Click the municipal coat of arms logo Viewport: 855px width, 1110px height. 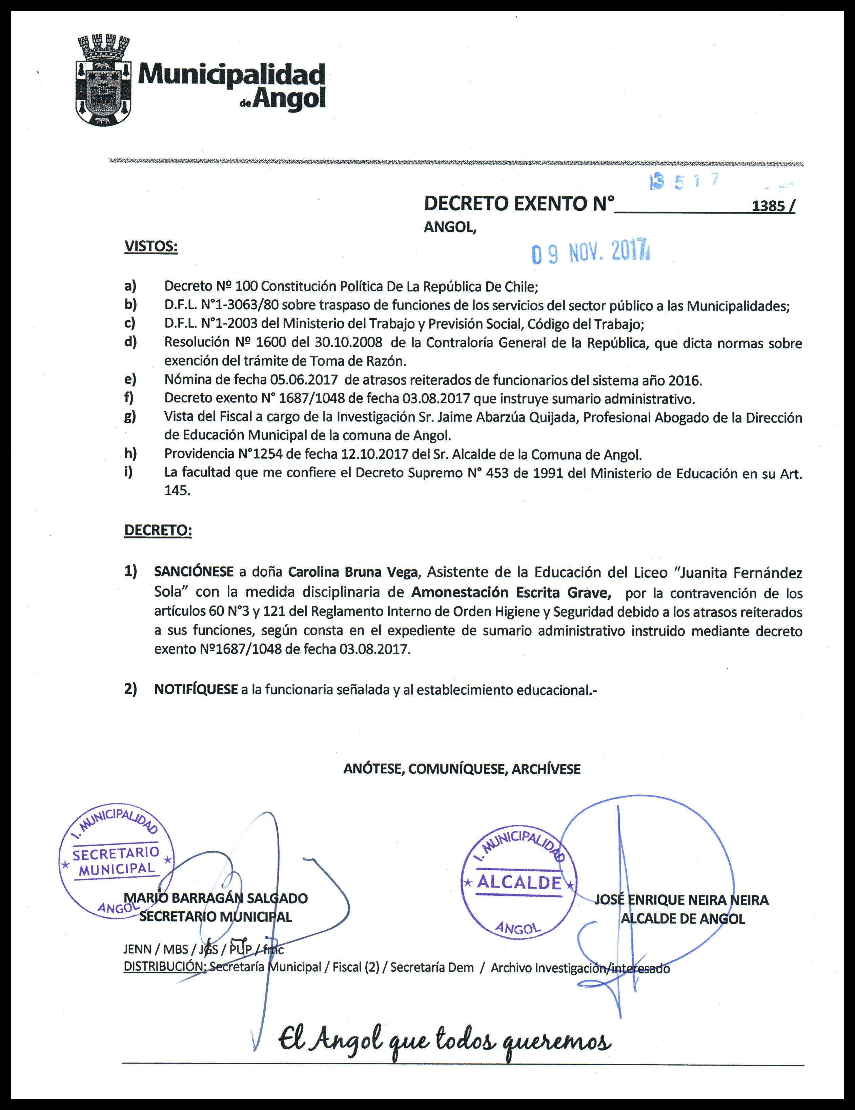coord(104,79)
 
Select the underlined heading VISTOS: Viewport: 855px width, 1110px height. coord(151,247)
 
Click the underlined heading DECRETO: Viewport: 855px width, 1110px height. coord(158,531)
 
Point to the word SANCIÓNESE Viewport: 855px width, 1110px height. coord(194,572)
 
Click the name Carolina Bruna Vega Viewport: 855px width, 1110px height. coord(352,572)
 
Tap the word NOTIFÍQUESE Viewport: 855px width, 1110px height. coord(196,690)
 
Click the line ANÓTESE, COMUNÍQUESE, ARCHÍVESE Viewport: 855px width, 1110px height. coord(462,769)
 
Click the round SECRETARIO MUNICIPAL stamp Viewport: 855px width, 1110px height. coord(116,863)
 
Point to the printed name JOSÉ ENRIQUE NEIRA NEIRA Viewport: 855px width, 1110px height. coord(681,900)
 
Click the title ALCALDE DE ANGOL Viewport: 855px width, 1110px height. coord(682,918)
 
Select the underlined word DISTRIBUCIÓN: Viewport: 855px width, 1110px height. coord(165,967)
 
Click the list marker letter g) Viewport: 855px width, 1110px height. coord(130,417)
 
